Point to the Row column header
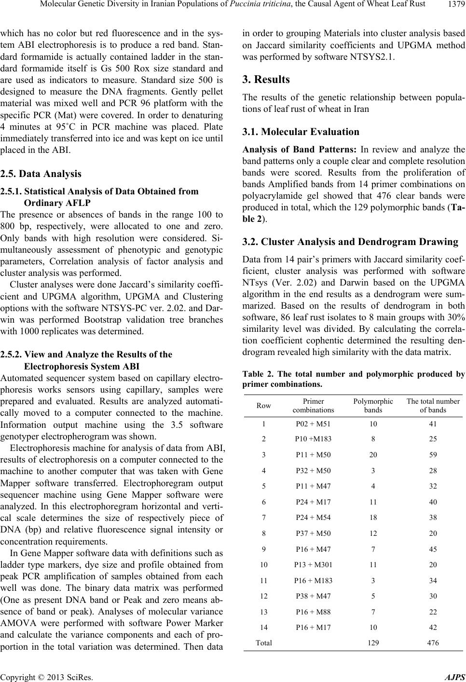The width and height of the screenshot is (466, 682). pyautogui.click(x=263, y=406)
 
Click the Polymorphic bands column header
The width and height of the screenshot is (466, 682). pyautogui.click(x=373, y=406)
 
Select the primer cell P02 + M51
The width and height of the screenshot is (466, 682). pyautogui.click(x=312, y=424)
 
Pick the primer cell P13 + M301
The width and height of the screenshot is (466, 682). pyautogui.click(x=312, y=564)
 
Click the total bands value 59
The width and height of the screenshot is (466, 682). pyautogui.click(x=433, y=455)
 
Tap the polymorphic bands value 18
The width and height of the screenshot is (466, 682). pyautogui.click(x=373, y=518)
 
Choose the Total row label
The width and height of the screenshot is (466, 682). pyautogui.click(x=263, y=642)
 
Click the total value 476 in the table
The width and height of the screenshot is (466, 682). pyautogui.click(x=433, y=642)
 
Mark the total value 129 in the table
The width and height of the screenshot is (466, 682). pyautogui.click(x=373, y=642)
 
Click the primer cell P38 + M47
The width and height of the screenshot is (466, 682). pyautogui.click(x=312, y=596)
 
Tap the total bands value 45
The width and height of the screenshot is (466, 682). pyautogui.click(x=433, y=549)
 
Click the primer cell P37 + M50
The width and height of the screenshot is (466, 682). pyautogui.click(x=312, y=533)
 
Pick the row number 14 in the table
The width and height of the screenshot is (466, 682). pyautogui.click(x=263, y=627)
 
